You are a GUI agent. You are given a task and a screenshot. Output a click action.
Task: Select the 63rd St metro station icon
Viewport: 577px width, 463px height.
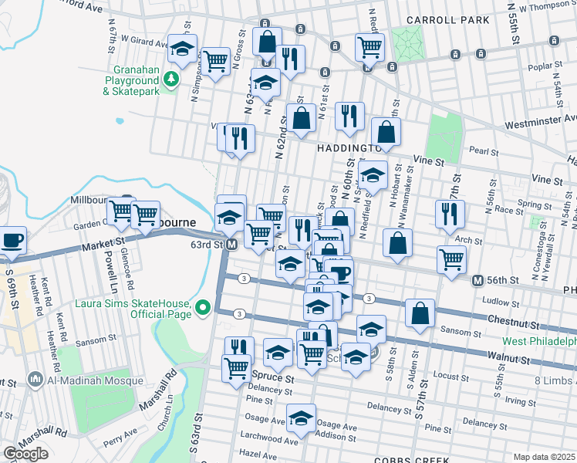tap(231, 245)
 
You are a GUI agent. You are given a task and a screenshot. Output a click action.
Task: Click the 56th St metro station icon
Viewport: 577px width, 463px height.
tap(478, 280)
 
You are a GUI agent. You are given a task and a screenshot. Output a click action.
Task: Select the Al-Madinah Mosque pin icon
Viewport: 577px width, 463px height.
tap(34, 379)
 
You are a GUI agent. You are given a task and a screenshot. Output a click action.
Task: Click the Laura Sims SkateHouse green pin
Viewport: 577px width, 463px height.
tap(204, 308)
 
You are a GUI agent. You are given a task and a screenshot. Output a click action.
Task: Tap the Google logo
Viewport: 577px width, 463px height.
tap(25, 455)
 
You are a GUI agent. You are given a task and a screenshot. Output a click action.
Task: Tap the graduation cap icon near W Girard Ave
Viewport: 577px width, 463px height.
tap(182, 49)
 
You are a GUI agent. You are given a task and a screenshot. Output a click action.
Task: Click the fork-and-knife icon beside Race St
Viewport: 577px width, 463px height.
tap(450, 215)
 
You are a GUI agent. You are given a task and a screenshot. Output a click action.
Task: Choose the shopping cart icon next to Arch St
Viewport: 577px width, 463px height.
tap(451, 260)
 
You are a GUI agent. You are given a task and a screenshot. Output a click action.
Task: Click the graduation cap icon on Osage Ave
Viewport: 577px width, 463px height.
tap(301, 419)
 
